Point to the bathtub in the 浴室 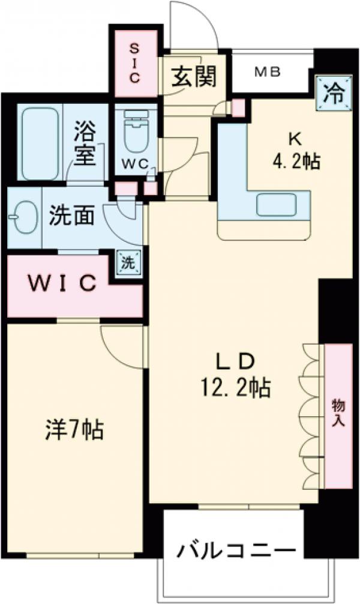tap(41, 143)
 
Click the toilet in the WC tap(135, 136)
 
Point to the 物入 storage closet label tap(338, 414)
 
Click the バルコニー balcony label tap(236, 551)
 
